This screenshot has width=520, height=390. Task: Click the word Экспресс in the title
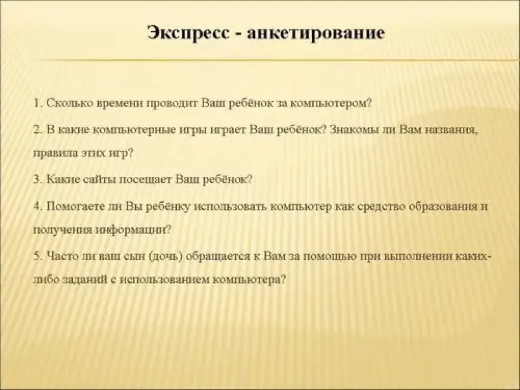click(188, 33)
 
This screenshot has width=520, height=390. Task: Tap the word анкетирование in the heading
click(316, 33)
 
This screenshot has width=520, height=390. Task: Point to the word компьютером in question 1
click(331, 104)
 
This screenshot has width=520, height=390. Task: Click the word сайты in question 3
click(98, 180)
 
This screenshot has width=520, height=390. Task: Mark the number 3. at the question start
click(38, 180)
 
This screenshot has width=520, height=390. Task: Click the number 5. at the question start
click(38, 256)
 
